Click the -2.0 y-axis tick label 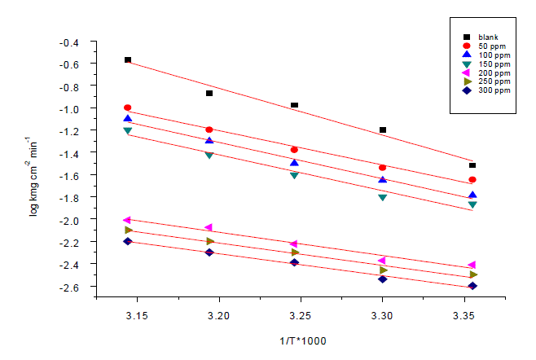pyautogui.click(x=72, y=221)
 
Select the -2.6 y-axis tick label pyautogui.click(x=72, y=288)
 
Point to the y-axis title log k pyautogui.click(x=34, y=168)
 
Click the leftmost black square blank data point pyautogui.click(x=128, y=60)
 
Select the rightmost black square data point pyautogui.click(x=472, y=165)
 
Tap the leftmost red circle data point pyautogui.click(x=127, y=108)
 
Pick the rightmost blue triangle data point pyautogui.click(x=472, y=195)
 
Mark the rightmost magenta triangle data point pyautogui.click(x=472, y=266)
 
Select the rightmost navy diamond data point pyautogui.click(x=472, y=286)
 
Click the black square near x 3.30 pyautogui.click(x=382, y=130)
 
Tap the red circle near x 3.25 pyautogui.click(x=294, y=150)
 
